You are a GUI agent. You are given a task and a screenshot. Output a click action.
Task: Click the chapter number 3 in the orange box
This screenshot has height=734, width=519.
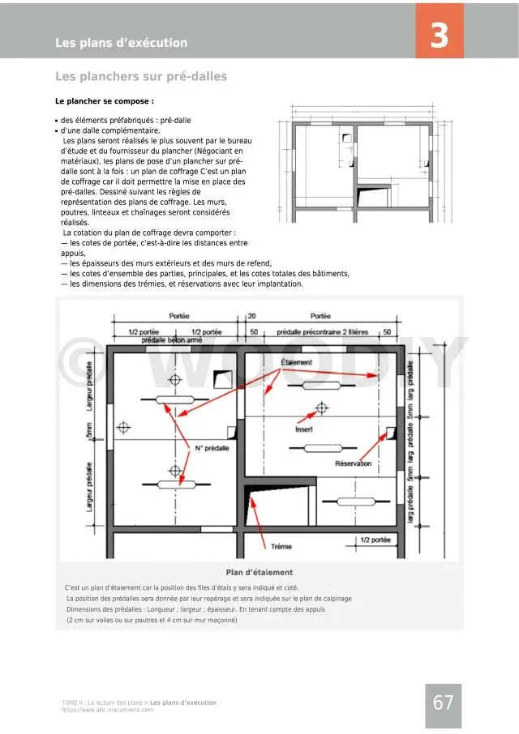click(x=439, y=36)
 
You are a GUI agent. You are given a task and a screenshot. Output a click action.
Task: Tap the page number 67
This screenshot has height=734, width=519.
click(x=443, y=703)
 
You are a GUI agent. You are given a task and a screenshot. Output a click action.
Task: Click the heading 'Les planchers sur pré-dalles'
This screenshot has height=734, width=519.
click(x=141, y=77)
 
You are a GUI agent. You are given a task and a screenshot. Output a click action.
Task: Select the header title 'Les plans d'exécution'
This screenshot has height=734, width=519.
click(x=121, y=43)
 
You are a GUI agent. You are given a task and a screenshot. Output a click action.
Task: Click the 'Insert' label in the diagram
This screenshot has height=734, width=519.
click(x=304, y=429)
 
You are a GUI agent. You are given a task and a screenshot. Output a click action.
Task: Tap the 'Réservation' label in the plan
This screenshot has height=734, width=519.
click(x=353, y=463)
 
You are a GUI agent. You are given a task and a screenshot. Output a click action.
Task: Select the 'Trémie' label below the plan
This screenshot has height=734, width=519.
click(x=281, y=547)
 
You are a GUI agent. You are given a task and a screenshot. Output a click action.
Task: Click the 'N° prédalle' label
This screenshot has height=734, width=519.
click(x=212, y=448)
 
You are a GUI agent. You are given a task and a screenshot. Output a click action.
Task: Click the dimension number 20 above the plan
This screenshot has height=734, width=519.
click(x=251, y=316)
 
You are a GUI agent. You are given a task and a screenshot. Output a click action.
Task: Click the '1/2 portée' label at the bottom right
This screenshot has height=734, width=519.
click(x=375, y=540)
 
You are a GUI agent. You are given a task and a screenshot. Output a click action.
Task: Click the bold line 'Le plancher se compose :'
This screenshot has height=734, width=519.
click(x=104, y=102)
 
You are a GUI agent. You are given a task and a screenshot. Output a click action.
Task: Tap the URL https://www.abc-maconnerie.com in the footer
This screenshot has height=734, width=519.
click(x=107, y=710)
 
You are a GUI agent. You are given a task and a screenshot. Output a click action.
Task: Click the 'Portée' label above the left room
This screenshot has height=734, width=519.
click(x=180, y=316)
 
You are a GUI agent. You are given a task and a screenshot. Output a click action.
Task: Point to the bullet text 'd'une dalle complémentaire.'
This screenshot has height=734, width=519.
click(x=110, y=130)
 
